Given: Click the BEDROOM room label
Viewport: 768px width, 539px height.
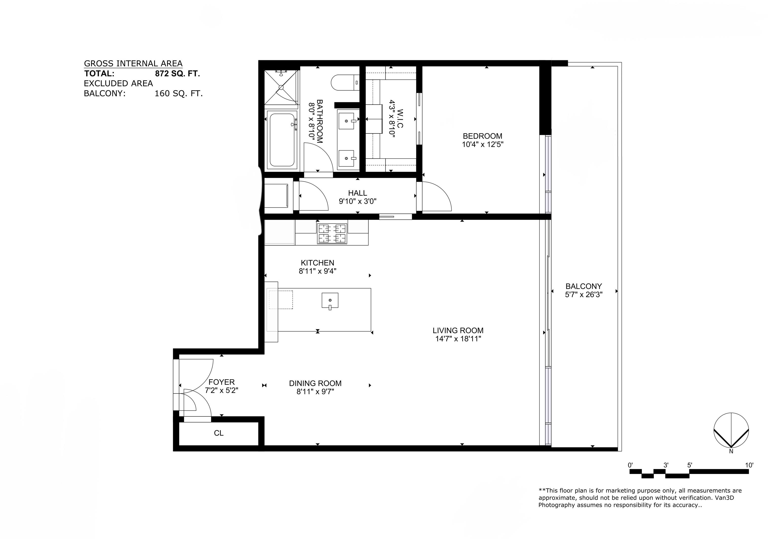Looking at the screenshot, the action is (482, 136).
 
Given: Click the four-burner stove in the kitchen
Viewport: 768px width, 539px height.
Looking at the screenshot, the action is (332, 234).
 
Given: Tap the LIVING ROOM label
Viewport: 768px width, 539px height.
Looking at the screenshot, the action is (458, 331).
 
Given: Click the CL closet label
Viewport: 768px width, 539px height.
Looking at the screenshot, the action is (219, 433).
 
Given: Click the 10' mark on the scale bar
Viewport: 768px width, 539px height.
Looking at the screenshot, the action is (749, 465).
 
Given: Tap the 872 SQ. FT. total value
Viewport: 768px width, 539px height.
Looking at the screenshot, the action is (177, 74).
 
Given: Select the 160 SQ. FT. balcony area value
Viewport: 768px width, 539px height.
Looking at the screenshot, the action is (179, 93).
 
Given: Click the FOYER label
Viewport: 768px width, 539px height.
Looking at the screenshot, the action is (221, 382).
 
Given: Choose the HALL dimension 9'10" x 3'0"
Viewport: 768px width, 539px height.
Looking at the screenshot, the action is (358, 201).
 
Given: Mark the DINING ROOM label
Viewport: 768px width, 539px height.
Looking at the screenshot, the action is (315, 383).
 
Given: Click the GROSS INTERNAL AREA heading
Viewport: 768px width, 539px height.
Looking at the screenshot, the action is (133, 64).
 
